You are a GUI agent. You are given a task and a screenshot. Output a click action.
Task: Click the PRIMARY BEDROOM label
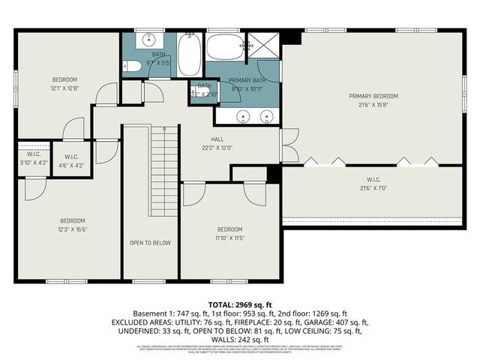[x=373, y=96]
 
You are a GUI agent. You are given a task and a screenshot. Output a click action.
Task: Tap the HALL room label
[x=217, y=139]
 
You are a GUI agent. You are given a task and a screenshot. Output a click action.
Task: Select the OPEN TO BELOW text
[x=150, y=243]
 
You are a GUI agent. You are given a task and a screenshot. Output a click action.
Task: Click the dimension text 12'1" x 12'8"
[x=64, y=88]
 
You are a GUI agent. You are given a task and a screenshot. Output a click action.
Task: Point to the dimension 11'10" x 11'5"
[x=229, y=238]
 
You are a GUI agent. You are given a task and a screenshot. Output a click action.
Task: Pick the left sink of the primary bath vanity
[x=242, y=116]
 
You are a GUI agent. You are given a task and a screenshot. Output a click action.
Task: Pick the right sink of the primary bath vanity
[x=266, y=116]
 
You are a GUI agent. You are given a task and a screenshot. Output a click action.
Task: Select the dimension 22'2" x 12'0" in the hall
[x=217, y=148]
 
